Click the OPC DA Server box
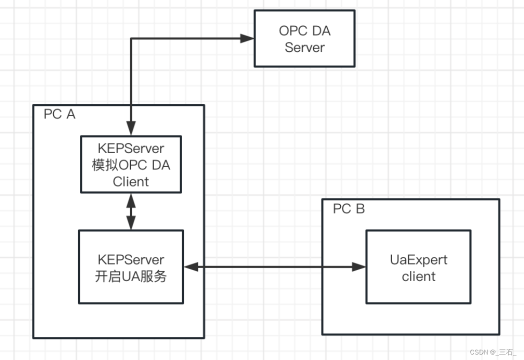304,39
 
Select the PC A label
59,114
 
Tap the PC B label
349,208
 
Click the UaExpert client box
418,267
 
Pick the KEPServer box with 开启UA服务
131,267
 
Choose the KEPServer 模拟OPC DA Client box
131,164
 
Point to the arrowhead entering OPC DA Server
247,38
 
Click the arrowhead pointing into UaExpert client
359,267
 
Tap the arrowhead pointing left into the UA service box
190,267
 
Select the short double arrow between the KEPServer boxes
131,211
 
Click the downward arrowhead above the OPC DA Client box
131,129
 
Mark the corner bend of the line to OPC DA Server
131,38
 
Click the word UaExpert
418,260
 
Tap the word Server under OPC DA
304,47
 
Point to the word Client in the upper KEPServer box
131,181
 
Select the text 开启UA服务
131,276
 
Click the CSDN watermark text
493,352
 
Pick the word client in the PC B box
418,276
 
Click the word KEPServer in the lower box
131,260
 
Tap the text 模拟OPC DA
131,165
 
